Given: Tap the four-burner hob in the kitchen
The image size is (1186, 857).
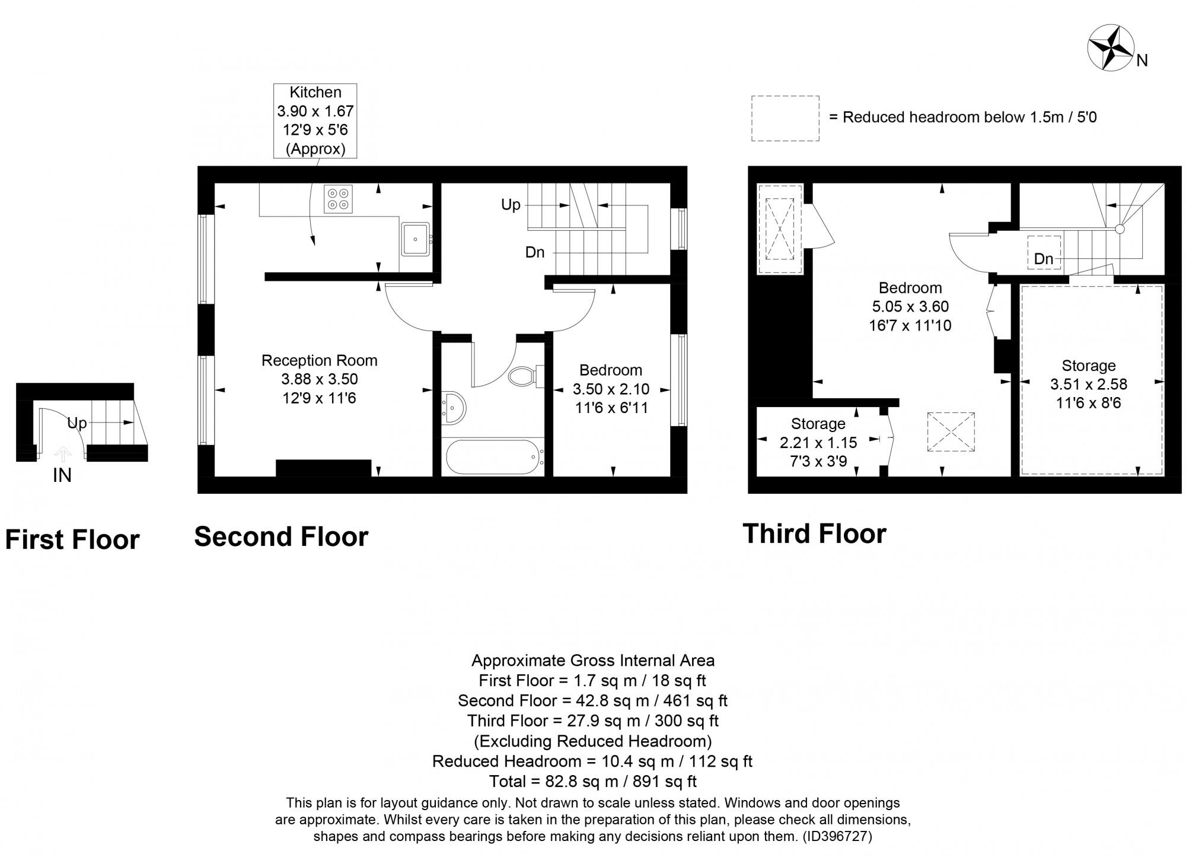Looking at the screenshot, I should (338, 199).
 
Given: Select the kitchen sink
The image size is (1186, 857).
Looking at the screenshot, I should (415, 239).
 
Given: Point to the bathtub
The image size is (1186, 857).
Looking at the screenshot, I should (493, 457).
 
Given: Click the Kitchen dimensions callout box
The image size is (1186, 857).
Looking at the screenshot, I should (315, 120).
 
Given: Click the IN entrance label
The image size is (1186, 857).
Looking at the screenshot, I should (62, 475).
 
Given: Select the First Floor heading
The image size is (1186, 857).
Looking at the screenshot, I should (72, 540).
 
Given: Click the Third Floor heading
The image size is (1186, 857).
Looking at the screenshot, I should (814, 534).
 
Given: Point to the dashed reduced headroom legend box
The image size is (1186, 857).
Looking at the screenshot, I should (785, 118).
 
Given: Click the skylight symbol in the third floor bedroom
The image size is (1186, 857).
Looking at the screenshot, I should (951, 433).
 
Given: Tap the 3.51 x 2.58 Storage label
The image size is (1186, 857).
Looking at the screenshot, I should (1088, 384).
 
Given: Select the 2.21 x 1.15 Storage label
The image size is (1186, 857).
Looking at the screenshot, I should (818, 442).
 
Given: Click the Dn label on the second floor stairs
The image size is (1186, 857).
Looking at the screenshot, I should (534, 252).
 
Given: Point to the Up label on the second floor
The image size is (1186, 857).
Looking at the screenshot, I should (511, 205).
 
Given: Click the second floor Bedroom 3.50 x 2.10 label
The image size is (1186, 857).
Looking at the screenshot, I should (610, 389).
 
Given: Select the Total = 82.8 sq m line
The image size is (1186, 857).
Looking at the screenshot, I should (592, 781).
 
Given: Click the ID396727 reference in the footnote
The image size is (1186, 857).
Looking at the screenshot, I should (837, 837).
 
